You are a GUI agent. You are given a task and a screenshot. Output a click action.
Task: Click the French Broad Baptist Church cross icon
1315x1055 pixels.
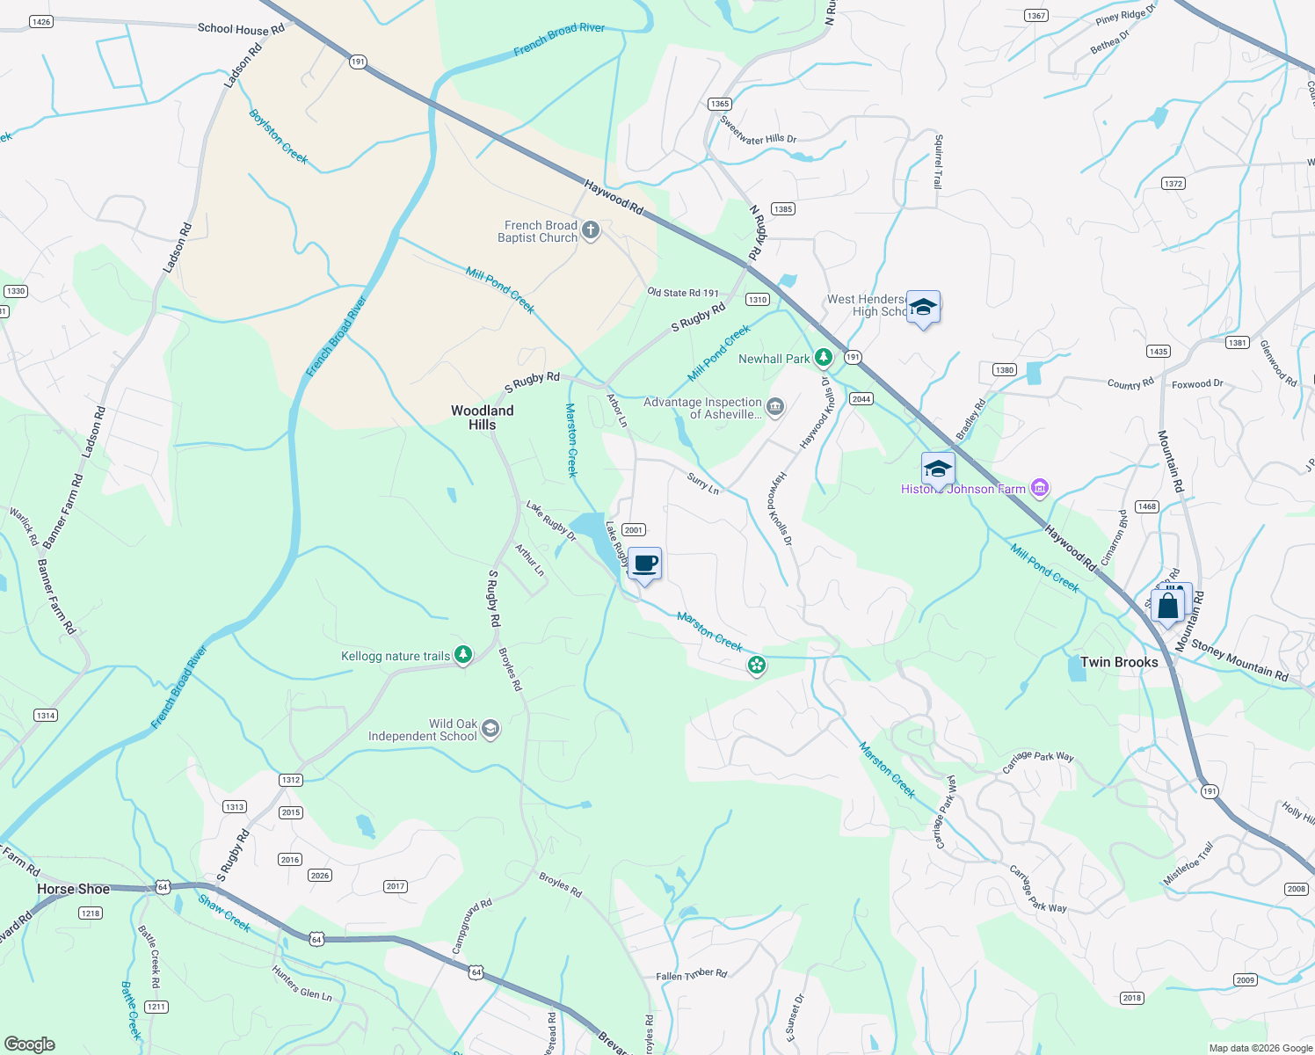(x=591, y=231)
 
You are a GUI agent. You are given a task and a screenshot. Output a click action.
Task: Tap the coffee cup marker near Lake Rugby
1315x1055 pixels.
(x=644, y=564)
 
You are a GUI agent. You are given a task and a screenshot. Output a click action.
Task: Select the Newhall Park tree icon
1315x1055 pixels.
(x=823, y=358)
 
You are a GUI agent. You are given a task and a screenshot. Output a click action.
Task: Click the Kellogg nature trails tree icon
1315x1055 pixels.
(x=463, y=655)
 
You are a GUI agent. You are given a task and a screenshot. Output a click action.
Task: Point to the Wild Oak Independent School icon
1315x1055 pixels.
(x=490, y=729)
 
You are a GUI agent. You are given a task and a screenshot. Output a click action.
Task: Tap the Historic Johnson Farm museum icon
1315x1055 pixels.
(x=1040, y=488)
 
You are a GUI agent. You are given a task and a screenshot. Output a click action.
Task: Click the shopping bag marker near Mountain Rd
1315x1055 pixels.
(x=1168, y=606)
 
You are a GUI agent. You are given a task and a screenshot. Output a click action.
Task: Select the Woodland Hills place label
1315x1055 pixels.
(x=482, y=418)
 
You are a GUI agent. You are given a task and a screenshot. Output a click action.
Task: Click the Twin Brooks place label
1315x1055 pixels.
(x=1119, y=662)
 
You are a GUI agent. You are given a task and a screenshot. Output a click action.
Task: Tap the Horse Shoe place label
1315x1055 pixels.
(x=74, y=889)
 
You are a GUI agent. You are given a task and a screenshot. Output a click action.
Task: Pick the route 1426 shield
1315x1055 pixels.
(x=40, y=21)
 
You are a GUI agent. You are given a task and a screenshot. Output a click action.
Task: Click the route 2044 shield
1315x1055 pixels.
(x=861, y=398)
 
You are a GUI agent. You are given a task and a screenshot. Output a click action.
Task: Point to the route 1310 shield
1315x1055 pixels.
(x=758, y=299)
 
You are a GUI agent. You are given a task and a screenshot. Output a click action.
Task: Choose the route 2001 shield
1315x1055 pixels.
(x=633, y=529)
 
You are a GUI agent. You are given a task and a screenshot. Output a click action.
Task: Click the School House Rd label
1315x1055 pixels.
(x=241, y=29)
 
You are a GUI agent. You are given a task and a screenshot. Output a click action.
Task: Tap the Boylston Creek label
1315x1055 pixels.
(x=278, y=136)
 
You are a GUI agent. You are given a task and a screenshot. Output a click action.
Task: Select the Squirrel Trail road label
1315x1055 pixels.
(x=938, y=162)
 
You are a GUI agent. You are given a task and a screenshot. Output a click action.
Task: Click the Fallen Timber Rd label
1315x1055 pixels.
(x=691, y=974)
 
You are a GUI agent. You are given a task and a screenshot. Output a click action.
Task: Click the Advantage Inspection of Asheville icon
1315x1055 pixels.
(x=775, y=405)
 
